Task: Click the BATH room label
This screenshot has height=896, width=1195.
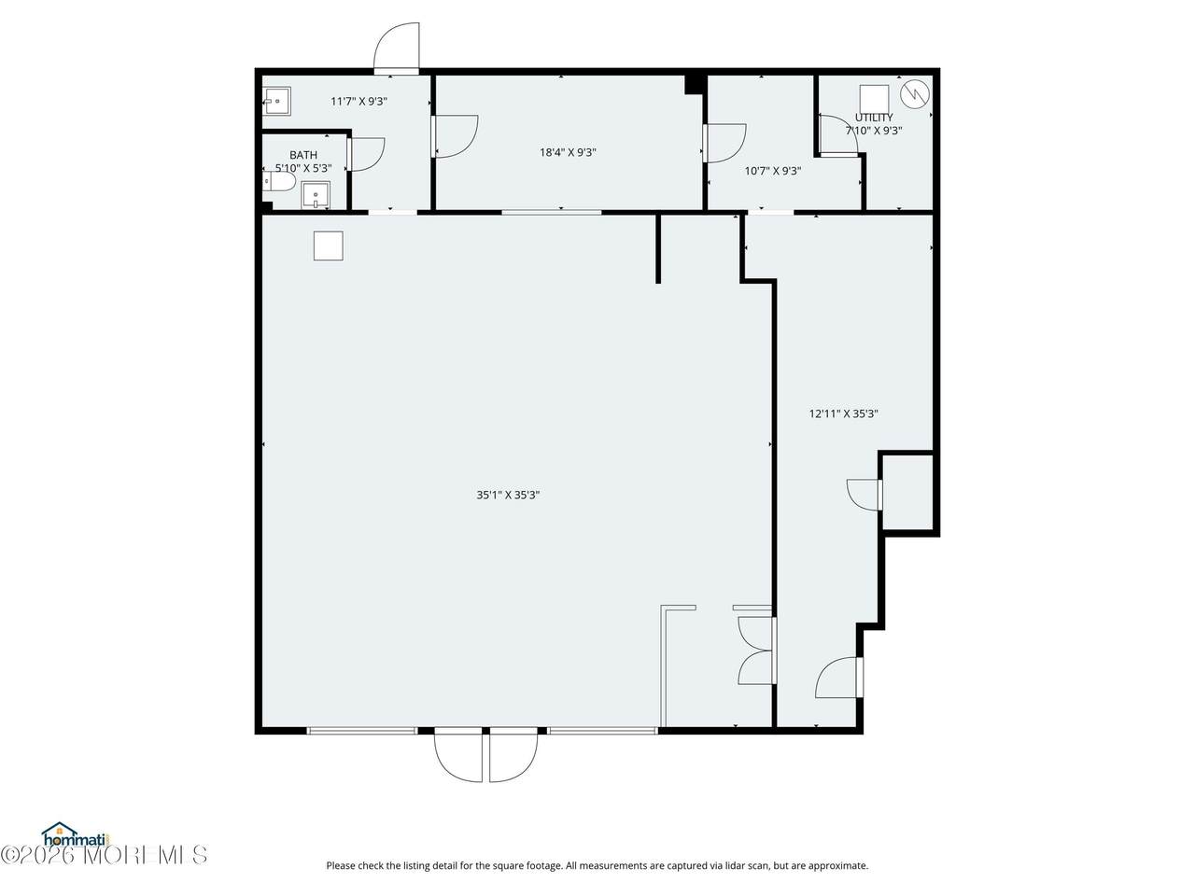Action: [303, 155]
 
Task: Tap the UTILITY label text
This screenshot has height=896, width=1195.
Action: [874, 118]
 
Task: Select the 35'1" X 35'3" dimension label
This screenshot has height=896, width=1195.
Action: [508, 495]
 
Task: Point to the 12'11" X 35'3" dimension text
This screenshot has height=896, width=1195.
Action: [843, 413]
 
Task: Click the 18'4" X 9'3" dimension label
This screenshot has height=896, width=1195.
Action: [568, 152]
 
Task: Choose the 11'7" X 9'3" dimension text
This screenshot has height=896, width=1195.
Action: [358, 101]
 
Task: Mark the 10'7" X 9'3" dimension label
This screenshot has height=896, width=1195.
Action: [772, 171]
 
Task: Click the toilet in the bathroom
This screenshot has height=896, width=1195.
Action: [279, 181]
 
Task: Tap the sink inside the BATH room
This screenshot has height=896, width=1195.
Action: [316, 195]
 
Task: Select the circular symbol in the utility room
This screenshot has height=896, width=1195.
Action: [915, 94]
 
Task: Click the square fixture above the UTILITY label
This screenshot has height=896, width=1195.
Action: [875, 99]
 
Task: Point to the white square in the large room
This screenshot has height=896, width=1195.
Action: [329, 245]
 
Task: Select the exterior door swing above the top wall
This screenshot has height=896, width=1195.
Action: [397, 48]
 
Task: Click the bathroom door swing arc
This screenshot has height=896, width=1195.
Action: [367, 155]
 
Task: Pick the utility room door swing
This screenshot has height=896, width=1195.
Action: [839, 134]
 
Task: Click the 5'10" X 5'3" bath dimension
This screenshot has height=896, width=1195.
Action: [303, 169]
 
